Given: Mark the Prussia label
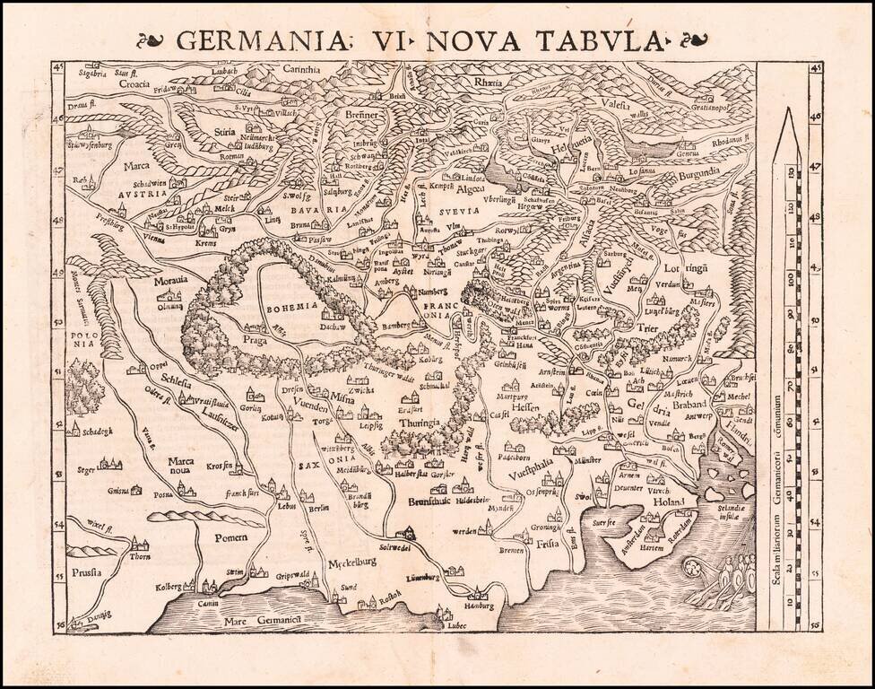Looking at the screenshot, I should (87, 571).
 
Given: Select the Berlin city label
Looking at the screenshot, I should (318, 507).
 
